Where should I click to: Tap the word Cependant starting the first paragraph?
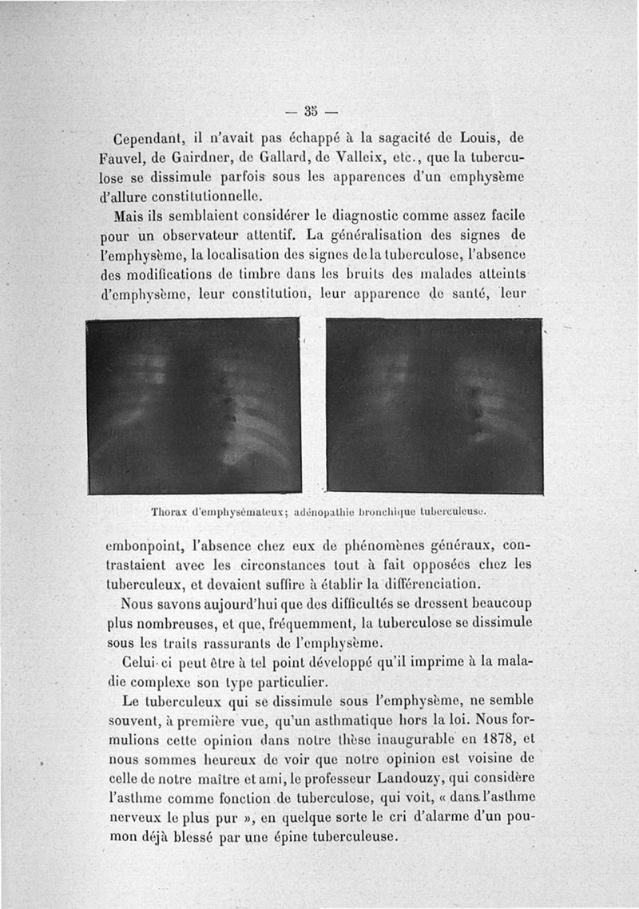point(149,137)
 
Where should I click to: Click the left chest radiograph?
point(192,405)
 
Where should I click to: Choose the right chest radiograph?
point(435,405)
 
